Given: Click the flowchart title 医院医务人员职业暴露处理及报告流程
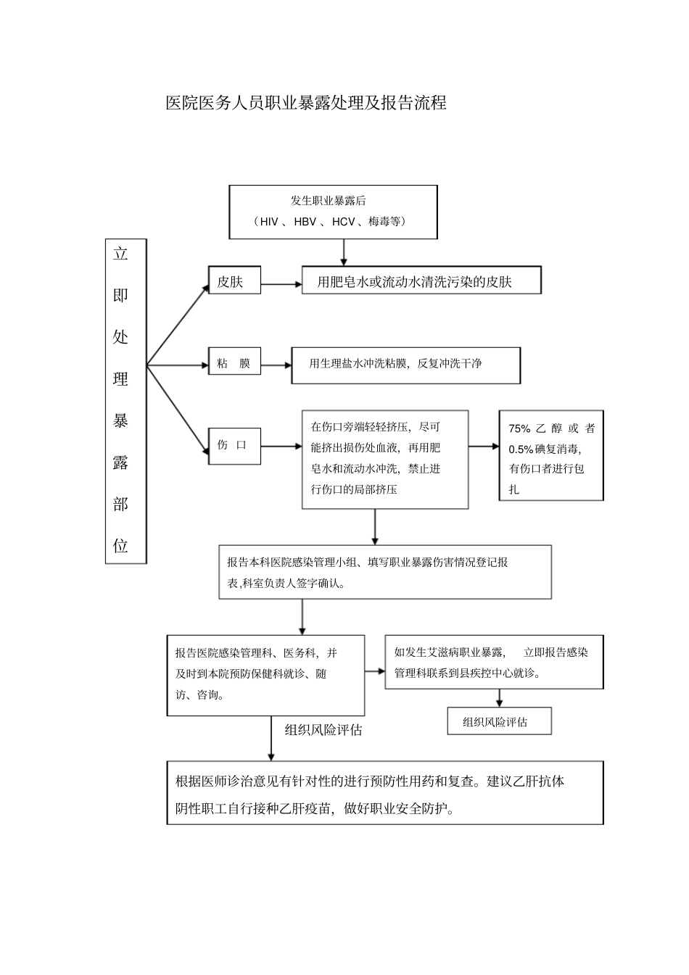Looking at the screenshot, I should pos(305,103).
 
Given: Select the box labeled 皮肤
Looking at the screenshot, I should pos(234,282).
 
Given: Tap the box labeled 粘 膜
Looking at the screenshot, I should pos(234,364).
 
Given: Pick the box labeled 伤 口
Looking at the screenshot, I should pos(234,445).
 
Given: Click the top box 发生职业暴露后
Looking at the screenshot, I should pos(333,212).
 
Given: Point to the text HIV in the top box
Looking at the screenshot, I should pos(269,222).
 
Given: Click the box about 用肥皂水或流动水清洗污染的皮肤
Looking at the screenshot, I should pos(421,282).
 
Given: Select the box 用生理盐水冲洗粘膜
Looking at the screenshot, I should pos(405,364).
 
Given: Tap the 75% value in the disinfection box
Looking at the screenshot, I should pos(519,428).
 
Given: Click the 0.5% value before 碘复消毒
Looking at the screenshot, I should pos(521,449).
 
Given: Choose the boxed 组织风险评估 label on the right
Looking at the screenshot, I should pos(498,722).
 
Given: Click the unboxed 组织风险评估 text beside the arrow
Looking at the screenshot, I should pos(323,730).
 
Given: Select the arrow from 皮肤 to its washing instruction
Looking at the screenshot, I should pos(281,283).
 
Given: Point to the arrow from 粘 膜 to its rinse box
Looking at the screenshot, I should pos(276,365).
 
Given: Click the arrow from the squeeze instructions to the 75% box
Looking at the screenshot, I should pos(484,447).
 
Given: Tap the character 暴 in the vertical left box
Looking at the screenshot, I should pos(120,420).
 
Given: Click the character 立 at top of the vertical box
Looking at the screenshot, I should pos(120,254).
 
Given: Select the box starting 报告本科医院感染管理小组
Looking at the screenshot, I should pos(384,572).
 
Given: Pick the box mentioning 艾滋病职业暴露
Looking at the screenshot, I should pos(493,662).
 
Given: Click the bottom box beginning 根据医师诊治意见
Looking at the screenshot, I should pos(384,792).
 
